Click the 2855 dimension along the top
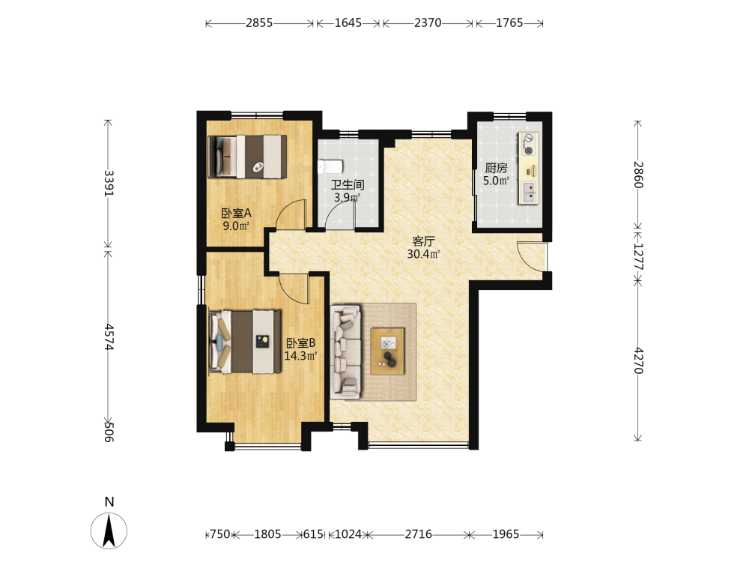tap(259, 23)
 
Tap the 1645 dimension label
tap(348, 23)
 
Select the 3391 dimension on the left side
tap(109, 183)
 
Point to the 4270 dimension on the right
tap(639, 360)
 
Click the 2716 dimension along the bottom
tap(419, 534)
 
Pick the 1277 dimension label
tap(639, 256)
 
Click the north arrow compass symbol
tap(109, 531)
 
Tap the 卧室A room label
tap(236, 213)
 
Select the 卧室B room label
tap(300, 343)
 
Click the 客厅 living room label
tap(424, 241)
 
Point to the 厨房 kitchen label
tap(496, 168)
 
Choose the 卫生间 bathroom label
tap(348, 185)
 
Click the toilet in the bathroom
tap(330, 166)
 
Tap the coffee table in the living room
tap(387, 351)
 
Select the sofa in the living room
tap(346, 351)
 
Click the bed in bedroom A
tap(247, 157)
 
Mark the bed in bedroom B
tap(245, 342)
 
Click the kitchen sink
tap(529, 192)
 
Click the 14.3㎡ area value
tap(300, 356)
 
